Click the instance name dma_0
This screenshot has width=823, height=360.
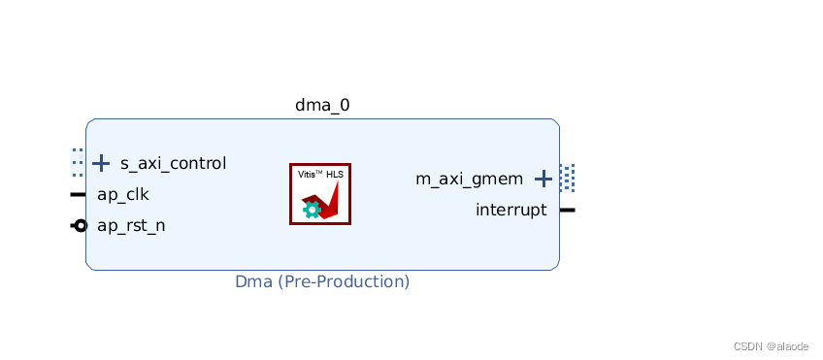point(322,105)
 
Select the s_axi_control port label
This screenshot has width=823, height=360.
point(173,163)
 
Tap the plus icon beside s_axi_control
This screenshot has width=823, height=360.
point(101,163)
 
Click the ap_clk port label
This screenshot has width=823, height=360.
point(122,194)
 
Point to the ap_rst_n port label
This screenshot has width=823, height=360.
point(131,226)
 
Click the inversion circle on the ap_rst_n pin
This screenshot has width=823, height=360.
point(81,226)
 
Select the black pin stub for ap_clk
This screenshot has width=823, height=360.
point(78,194)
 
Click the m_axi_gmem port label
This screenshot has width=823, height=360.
point(469,179)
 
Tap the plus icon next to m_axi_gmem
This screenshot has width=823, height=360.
point(543,179)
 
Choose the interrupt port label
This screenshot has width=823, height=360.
point(510,210)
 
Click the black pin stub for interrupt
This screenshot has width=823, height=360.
point(568,210)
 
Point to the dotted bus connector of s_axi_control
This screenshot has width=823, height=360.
point(78,162)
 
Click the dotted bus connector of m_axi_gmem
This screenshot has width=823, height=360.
point(568,178)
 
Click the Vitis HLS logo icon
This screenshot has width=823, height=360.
point(320,194)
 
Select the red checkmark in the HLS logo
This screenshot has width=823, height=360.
point(328,201)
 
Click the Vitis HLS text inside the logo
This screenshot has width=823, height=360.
point(320,175)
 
